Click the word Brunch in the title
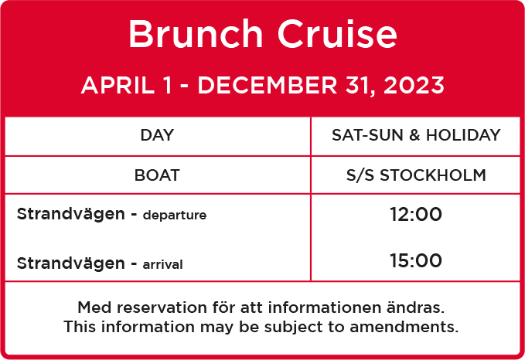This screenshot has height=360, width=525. tap(196, 34)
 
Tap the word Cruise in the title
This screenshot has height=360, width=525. tap(337, 34)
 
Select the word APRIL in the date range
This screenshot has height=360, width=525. tap(118, 85)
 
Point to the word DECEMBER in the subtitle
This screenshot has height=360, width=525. tap(267, 85)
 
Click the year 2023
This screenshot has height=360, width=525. tap(414, 85)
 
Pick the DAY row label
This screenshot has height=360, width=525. tap(157, 135)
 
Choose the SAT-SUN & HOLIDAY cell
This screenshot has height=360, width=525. tap(416, 135)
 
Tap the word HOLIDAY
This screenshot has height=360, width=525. tap(463, 135)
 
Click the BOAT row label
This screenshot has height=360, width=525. tap(157, 175)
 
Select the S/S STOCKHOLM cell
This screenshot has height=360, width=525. tap(416, 175)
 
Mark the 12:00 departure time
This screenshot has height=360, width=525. tap(416, 214)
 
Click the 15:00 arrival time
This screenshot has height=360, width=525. tap(416, 260)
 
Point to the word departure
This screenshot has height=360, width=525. tap(175, 216)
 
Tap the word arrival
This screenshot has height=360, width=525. tap(162, 264)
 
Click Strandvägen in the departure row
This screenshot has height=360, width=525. tap(70, 214)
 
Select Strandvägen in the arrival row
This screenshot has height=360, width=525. tap(70, 263)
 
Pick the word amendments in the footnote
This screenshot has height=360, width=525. tap(404, 327)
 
